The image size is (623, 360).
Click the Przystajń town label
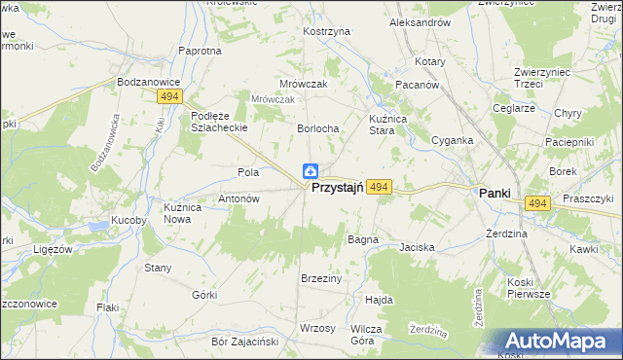(x=337, y=191)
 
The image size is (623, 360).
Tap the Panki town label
(x=495, y=194)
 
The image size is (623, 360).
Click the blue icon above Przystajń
(x=310, y=171)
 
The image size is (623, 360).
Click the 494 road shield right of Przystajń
(x=380, y=186)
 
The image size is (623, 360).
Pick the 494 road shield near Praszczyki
(x=537, y=202)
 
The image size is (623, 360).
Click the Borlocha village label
(x=317, y=128)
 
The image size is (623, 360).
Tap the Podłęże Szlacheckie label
(x=215, y=122)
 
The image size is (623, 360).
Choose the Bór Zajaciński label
(x=245, y=342)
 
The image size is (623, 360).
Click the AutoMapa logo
(x=562, y=341)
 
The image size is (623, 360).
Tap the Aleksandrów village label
(x=419, y=21)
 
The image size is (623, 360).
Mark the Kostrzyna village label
(x=326, y=32)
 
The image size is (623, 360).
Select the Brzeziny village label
(x=321, y=278)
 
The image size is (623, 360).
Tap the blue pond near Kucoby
(x=99, y=228)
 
